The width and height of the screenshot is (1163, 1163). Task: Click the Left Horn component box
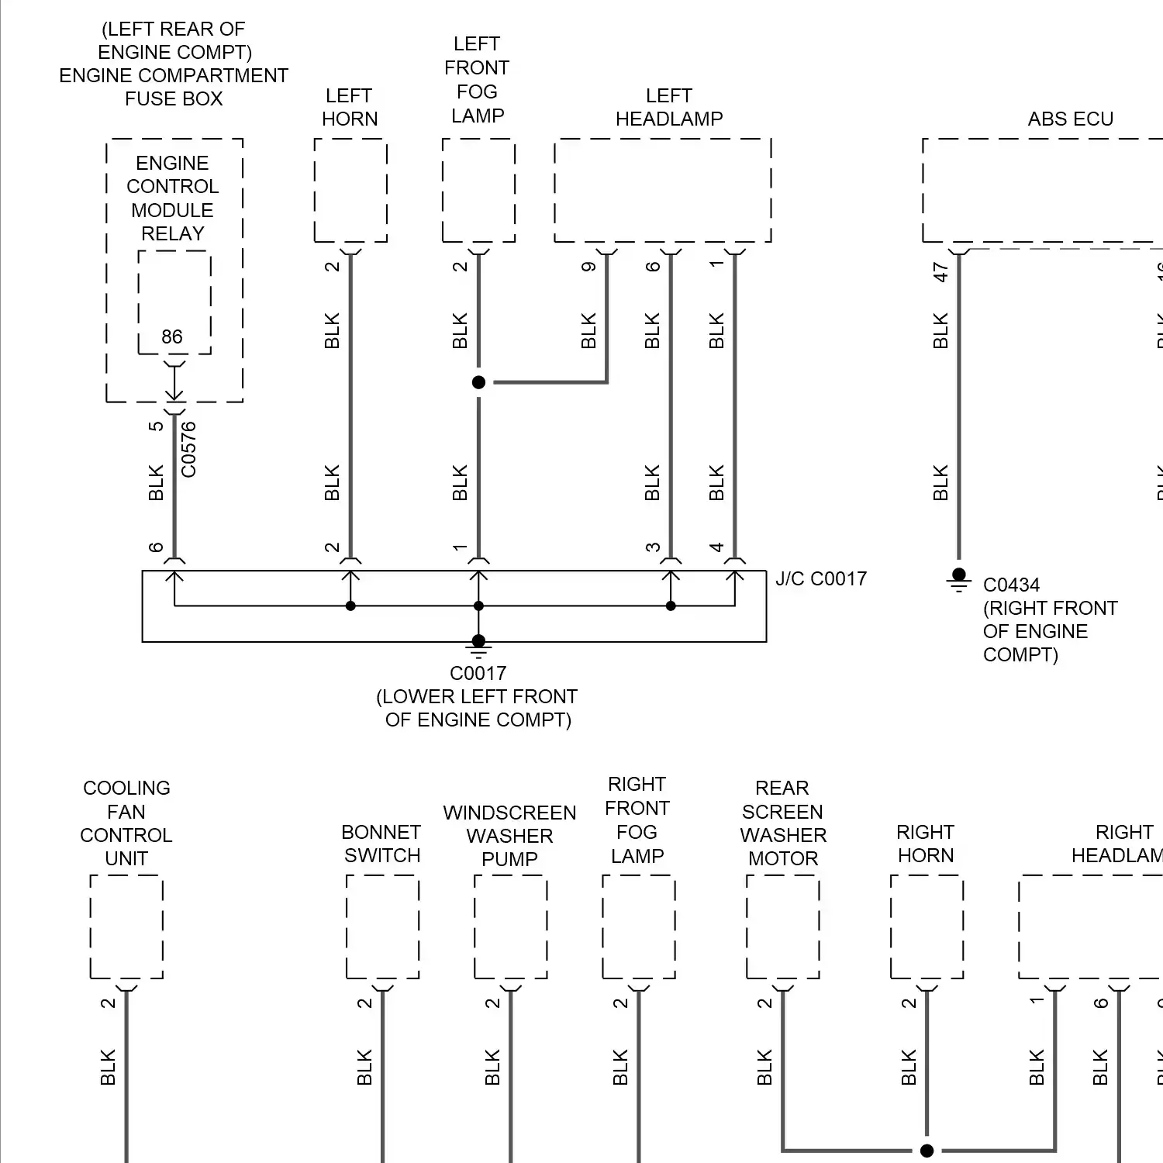tap(350, 191)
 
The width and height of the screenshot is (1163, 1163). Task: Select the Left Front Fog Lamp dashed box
tap(478, 191)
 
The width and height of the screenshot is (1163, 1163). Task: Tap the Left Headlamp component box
tap(663, 191)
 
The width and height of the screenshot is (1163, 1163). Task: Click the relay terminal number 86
tap(172, 336)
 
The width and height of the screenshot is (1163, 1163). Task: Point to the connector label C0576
tap(188, 450)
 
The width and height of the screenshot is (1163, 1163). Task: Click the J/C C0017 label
tap(821, 579)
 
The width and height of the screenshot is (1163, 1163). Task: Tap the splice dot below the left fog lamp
tap(478, 382)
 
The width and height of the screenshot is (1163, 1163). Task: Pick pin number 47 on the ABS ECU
tap(941, 272)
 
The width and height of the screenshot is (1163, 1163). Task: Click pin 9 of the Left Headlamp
tap(588, 267)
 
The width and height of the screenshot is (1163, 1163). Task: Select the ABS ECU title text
tap(1070, 119)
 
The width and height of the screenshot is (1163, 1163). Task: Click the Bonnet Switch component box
tap(382, 927)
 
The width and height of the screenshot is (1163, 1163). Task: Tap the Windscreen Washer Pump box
tap(510, 927)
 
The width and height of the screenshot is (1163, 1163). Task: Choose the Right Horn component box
tap(927, 927)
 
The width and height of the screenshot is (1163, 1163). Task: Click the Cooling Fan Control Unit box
tap(126, 927)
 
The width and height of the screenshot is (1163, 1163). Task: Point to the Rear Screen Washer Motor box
tap(782, 927)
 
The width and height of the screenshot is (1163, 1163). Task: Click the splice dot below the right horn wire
tap(927, 1150)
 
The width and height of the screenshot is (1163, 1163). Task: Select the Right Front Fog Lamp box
tap(638, 927)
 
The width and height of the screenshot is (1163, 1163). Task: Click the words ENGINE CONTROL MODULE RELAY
tap(173, 198)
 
